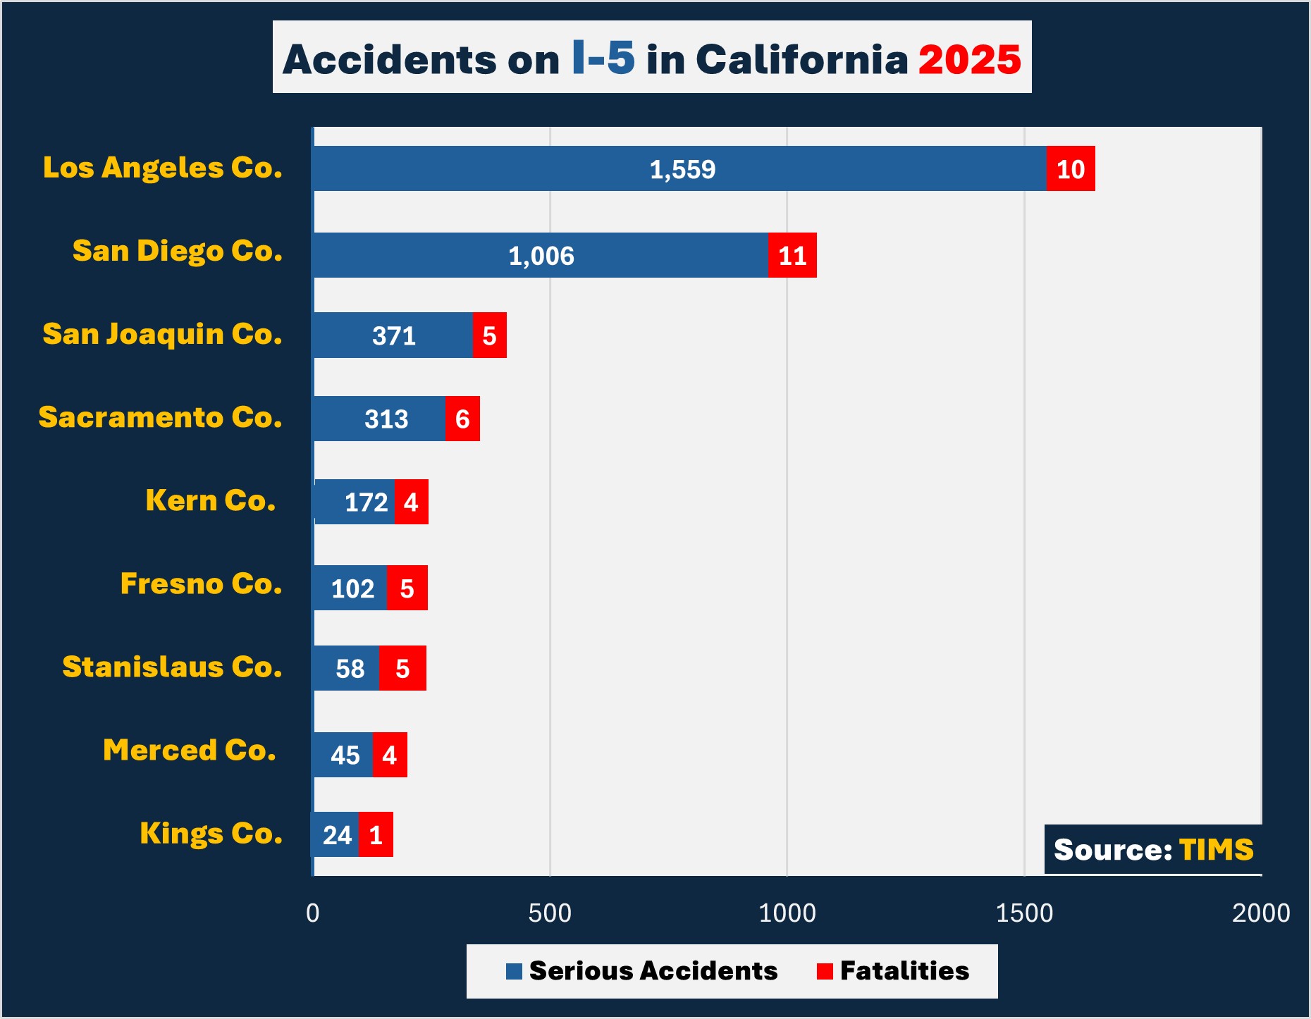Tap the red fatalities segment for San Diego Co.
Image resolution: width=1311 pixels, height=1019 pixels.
[x=792, y=255]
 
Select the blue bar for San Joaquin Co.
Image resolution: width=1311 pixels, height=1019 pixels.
[x=393, y=335]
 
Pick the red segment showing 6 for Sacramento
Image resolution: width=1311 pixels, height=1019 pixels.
[x=462, y=419]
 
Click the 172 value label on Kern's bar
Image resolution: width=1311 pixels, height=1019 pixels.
[x=366, y=502]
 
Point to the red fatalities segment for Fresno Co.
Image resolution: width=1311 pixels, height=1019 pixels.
[x=407, y=588]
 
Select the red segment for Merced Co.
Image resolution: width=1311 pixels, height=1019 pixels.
[x=390, y=755]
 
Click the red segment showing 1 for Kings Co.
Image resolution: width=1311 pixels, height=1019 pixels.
[x=376, y=835]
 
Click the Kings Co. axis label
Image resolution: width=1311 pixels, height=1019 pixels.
[x=211, y=833]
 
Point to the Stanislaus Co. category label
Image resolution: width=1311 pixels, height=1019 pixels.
[x=172, y=667]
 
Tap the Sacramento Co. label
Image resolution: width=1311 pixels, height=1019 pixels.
[x=160, y=417]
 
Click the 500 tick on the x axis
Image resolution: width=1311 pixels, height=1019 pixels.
[x=550, y=913]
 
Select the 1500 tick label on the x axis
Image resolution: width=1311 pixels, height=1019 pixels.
[x=1024, y=913]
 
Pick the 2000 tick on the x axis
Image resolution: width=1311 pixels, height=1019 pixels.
[x=1260, y=913]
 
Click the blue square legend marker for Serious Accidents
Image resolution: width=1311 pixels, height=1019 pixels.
[x=514, y=972]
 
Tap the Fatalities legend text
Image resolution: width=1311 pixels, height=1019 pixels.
[x=904, y=971]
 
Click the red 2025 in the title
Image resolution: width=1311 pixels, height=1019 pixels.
[x=969, y=59]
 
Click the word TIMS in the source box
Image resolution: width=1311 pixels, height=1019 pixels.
[x=1216, y=850]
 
